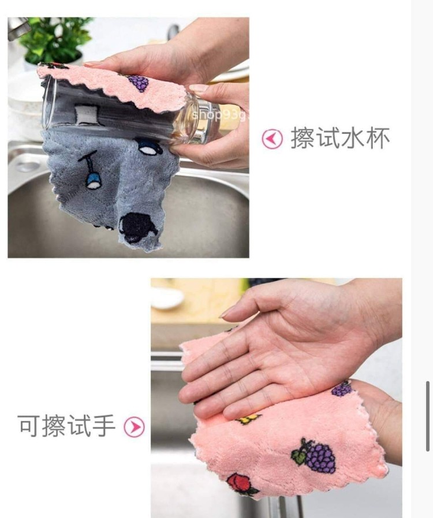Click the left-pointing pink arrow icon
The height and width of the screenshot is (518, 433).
272,139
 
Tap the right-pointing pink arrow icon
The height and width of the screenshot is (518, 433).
134,427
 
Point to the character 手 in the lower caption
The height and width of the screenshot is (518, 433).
104,426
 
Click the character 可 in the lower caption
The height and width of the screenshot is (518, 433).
29,426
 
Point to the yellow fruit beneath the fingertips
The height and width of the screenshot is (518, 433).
247,419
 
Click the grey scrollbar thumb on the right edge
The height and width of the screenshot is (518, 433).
428,416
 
